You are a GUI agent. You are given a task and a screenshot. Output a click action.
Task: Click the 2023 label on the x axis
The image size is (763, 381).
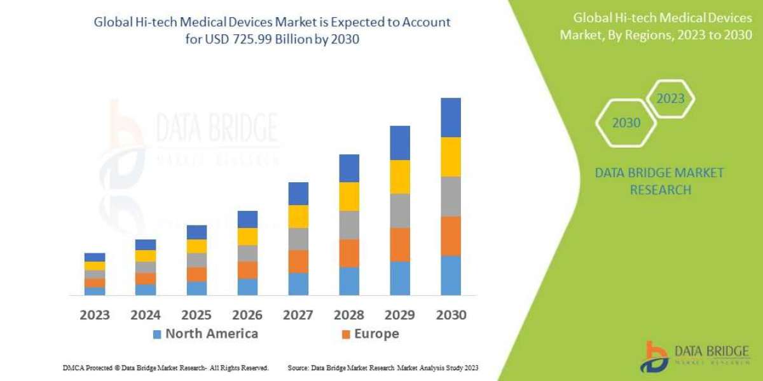coord(95,314)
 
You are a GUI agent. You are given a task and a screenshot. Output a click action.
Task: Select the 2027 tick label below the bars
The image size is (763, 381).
coord(298,314)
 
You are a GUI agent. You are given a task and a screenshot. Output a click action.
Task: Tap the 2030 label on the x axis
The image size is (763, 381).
coord(451,314)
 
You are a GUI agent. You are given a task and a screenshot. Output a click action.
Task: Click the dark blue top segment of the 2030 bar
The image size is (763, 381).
coord(451,117)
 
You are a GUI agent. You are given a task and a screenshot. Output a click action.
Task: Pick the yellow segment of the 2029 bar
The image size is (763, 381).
coord(400,177)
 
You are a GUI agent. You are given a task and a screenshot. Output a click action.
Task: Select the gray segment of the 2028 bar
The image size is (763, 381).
coord(349,225)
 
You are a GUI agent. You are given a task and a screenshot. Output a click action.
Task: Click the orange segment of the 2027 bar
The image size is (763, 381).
coord(298,261)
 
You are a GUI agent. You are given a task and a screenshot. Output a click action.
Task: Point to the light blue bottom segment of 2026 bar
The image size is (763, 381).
coord(247,287)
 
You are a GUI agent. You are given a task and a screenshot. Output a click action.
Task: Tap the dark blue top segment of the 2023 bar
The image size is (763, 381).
coord(95,257)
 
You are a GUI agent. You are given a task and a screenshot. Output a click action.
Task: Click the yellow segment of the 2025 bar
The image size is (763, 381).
coord(196,246)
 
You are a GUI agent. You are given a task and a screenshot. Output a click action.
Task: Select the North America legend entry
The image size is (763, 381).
coord(205,334)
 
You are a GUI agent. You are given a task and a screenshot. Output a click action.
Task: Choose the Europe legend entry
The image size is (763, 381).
coord(370,334)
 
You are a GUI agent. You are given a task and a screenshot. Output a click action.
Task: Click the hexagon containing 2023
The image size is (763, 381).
coord(670,99)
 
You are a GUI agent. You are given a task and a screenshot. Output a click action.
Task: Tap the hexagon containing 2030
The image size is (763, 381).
coord(626,123)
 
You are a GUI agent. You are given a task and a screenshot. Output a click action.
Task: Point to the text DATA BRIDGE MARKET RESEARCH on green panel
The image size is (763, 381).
coord(660,181)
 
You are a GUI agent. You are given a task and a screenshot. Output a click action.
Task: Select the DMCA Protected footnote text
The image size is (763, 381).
coord(165,368)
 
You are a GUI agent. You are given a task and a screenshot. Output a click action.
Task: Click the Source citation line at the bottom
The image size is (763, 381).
coord(383,368)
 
